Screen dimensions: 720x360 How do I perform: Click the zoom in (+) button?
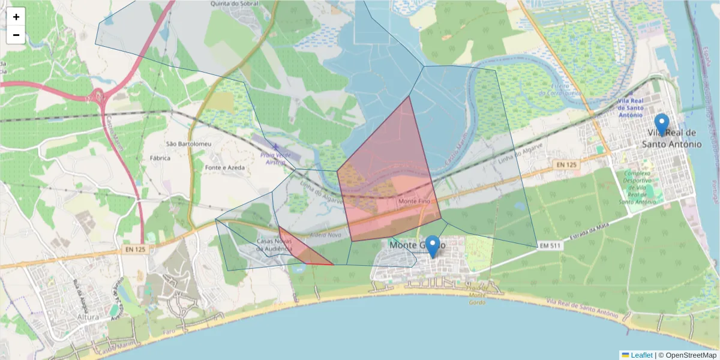click(16, 17)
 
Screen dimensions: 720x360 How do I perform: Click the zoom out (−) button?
click(16, 35)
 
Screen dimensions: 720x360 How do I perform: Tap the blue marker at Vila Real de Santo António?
click(662, 125)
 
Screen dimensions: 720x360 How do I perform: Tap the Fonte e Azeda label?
click(224, 167)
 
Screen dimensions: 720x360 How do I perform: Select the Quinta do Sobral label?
click(235, 4)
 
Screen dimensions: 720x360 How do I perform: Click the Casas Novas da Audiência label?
click(274, 244)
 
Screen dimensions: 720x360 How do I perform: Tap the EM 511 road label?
click(550, 245)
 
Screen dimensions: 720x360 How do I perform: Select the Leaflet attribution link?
click(641, 355)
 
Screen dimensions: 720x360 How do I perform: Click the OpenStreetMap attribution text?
click(688, 355)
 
